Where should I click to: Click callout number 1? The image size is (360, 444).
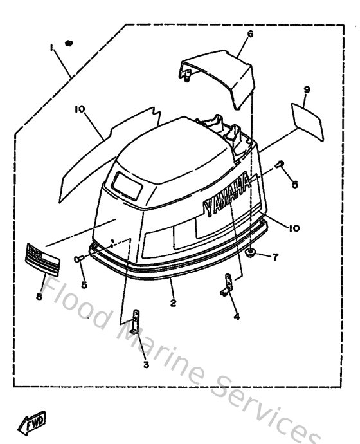[49, 48]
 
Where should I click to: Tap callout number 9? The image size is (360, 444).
[307, 91]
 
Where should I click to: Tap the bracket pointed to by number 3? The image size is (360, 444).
[136, 320]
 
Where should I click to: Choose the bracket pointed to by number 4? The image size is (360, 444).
[226, 285]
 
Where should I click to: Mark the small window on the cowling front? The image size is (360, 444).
[127, 183]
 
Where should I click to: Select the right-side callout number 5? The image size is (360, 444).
[294, 184]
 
